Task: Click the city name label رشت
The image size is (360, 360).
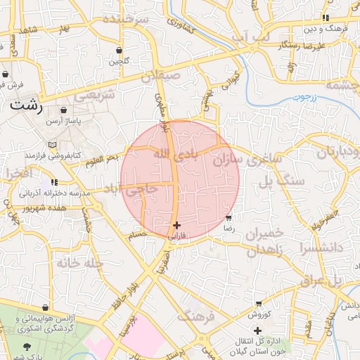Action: [27, 107]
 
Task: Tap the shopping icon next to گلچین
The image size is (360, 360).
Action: [118, 51]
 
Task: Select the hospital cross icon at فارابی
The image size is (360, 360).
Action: [176, 225]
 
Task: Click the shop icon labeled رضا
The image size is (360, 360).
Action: [229, 218]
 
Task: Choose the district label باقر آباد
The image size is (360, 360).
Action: [171, 153]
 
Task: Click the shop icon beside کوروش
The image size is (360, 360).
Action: [259, 304]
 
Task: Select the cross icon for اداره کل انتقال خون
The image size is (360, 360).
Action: [257, 330]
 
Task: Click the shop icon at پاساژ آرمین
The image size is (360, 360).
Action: [65, 110]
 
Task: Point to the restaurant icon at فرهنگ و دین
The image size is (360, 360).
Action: [325, 18]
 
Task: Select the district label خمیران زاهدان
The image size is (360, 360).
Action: [265, 242]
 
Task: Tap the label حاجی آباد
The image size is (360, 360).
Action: [131, 189]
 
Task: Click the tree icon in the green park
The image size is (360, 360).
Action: [27, 347]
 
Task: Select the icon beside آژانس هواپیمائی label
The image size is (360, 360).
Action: [46, 308]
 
